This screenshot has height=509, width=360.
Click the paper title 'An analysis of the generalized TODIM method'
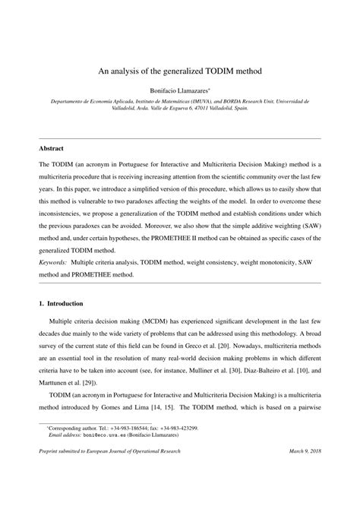180,71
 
